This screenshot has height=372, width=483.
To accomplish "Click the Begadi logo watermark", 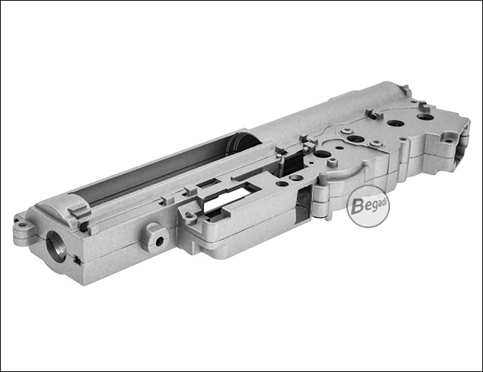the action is [x=368, y=207].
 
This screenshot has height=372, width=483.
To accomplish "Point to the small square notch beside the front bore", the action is [x=78, y=261].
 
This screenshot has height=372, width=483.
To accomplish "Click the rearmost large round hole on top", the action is [x=424, y=117].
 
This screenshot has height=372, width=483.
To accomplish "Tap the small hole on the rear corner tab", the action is [x=448, y=142].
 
